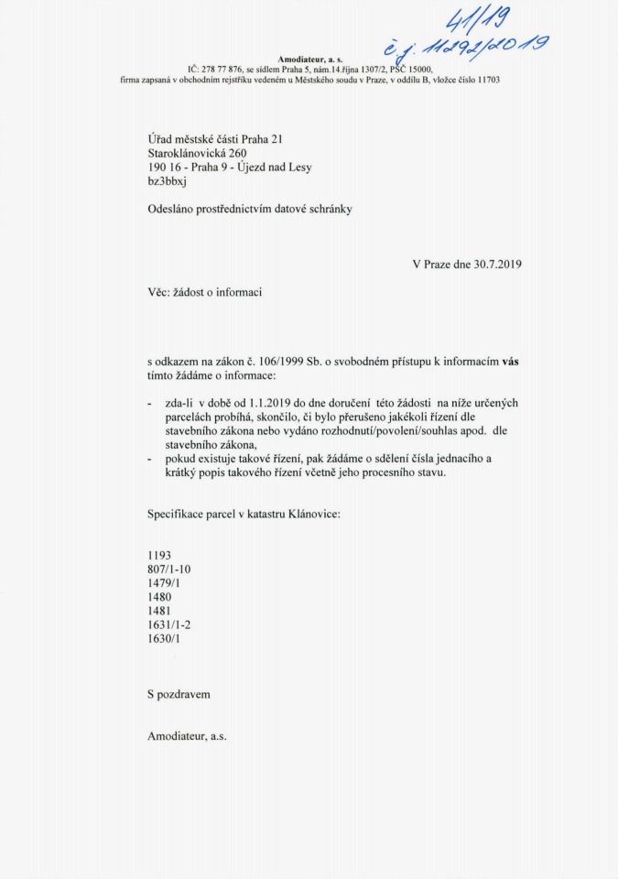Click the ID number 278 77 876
[x=222, y=69]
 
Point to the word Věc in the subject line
[x=158, y=292]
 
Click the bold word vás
[x=511, y=362]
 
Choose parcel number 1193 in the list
[x=159, y=555]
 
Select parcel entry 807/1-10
[x=168, y=570]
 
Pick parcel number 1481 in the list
[x=159, y=611]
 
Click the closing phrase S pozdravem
[x=179, y=694]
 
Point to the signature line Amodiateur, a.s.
[x=187, y=735]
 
